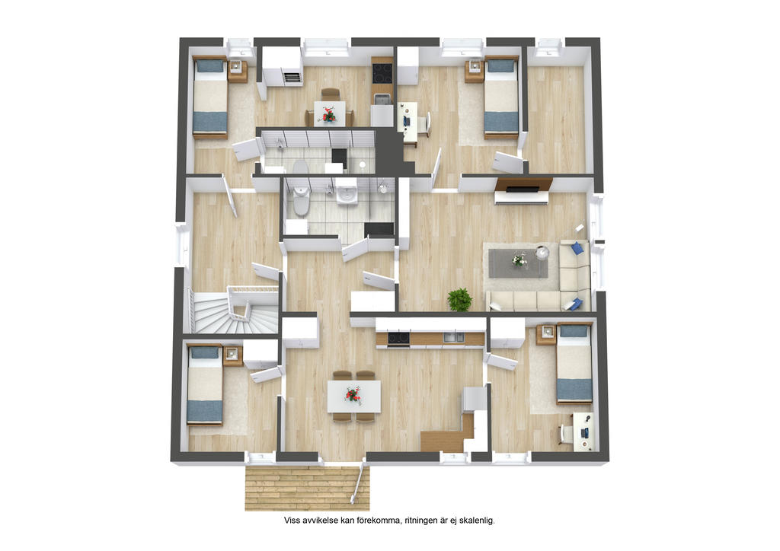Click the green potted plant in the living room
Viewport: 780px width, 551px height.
click(459, 300)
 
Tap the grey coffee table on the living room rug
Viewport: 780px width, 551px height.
click(518, 263)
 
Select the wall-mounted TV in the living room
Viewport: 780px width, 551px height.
click(523, 189)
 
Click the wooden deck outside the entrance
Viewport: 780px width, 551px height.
click(307, 488)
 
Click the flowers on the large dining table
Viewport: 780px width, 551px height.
click(353, 396)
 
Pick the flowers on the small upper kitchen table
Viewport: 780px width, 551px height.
click(328, 115)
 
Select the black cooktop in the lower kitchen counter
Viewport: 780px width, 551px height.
click(398, 339)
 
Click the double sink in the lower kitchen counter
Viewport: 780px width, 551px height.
click(454, 338)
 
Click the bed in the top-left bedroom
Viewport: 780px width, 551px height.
click(210, 97)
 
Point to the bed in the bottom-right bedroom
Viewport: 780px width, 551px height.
click(574, 363)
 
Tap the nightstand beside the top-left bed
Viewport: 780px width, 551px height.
click(238, 72)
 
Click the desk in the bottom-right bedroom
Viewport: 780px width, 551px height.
click(583, 432)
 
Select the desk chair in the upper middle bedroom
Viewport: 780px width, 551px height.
click(424, 124)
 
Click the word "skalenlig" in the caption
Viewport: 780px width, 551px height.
click(477, 521)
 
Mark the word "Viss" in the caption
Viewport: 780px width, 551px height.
click(292, 521)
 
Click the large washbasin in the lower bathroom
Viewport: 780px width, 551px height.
click(347, 193)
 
